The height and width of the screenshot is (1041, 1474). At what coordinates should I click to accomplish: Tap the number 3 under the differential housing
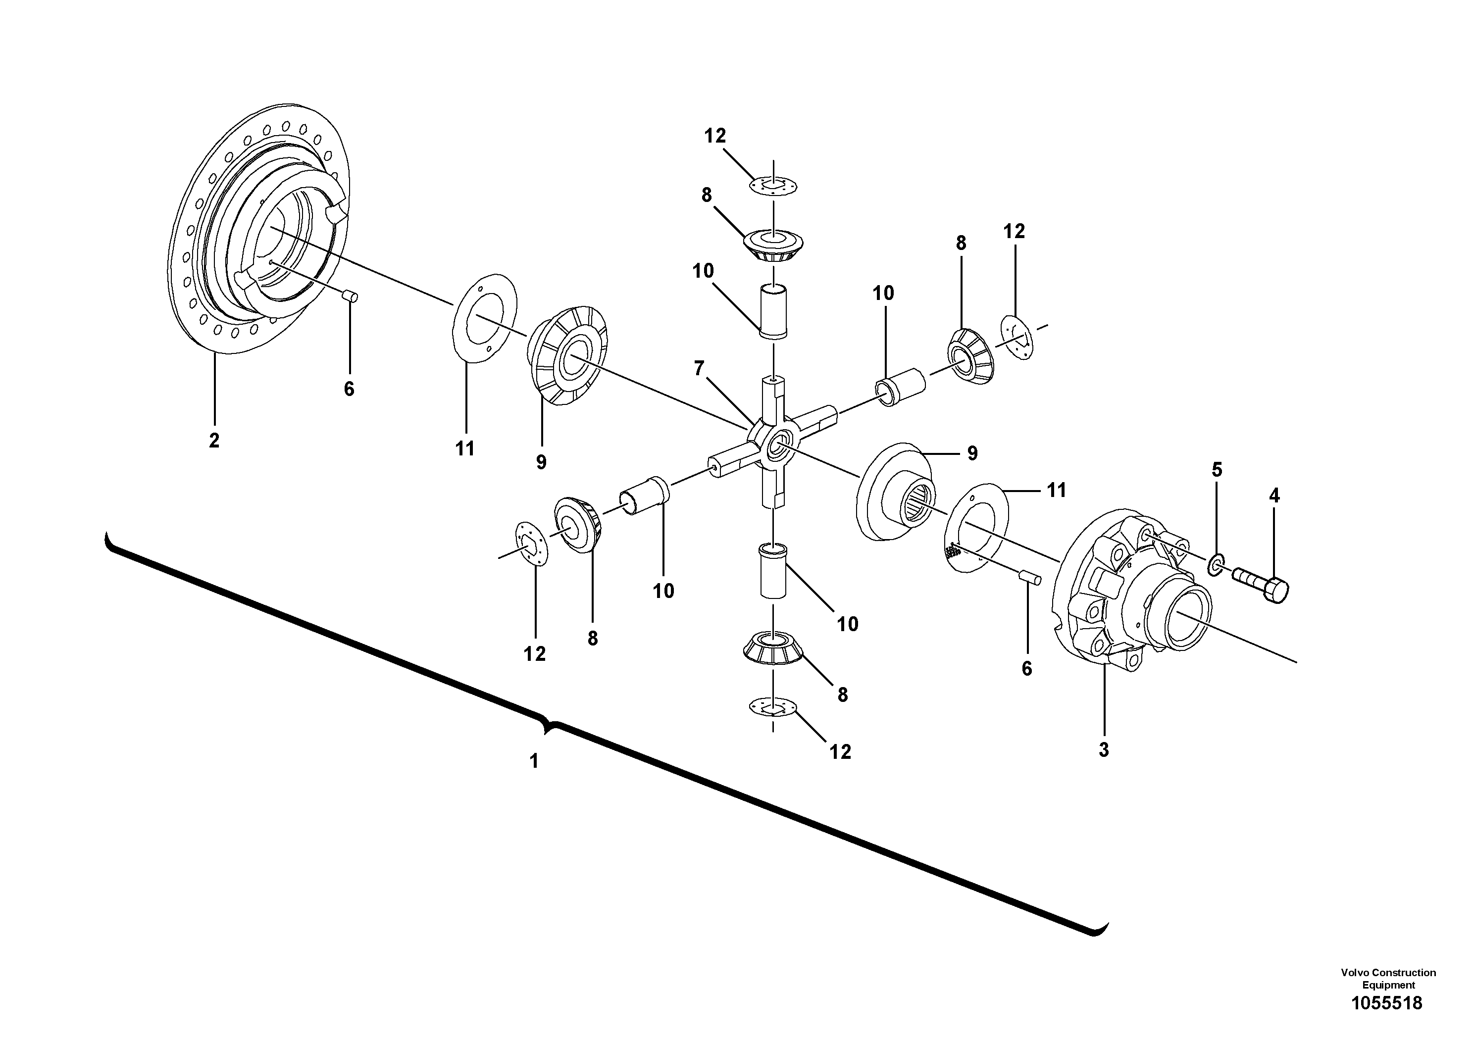pyautogui.click(x=1104, y=749)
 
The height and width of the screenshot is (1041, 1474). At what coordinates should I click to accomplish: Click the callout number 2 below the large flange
pyautogui.click(x=214, y=440)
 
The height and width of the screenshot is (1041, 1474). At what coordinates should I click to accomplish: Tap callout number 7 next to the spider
pyautogui.click(x=699, y=368)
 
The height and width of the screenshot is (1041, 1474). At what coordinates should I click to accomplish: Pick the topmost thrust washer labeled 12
pyautogui.click(x=773, y=186)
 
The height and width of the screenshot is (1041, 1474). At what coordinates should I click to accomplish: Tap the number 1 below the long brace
pyautogui.click(x=533, y=761)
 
